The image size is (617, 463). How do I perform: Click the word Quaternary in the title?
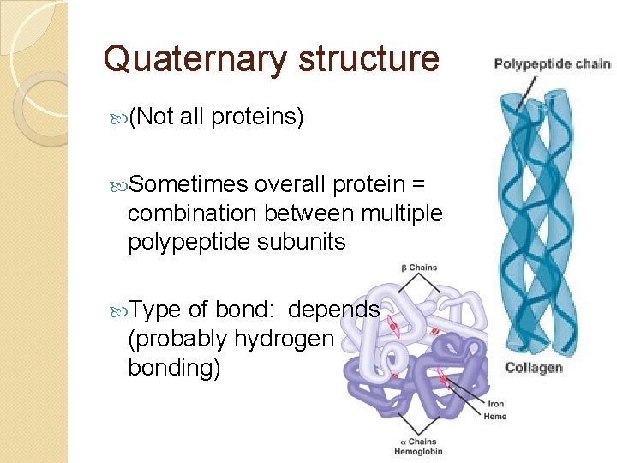[195, 60]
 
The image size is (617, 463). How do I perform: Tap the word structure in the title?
[368, 59]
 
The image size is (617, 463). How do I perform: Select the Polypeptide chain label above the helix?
[552, 64]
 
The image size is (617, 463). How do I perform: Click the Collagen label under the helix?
[534, 368]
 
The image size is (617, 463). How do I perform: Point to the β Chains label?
[419, 268]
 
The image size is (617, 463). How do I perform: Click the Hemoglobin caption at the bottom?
[418, 452]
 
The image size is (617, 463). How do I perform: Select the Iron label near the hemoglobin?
[496, 404]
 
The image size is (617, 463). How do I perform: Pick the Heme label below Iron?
[496, 417]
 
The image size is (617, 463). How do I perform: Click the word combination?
[183, 213]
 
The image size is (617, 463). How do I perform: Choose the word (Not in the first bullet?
[153, 117]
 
